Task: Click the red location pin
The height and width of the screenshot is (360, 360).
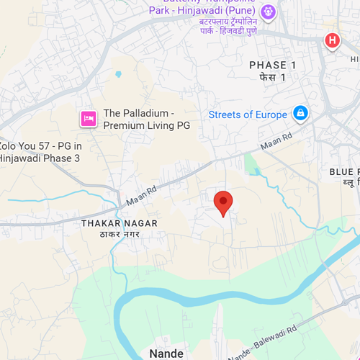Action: point(223,202)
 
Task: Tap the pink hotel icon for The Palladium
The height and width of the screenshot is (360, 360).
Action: point(89,118)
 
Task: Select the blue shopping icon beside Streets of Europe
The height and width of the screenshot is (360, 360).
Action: point(300,113)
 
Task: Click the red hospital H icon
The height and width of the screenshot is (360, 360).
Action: point(332,40)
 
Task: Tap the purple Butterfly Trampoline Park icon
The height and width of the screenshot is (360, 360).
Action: point(269,12)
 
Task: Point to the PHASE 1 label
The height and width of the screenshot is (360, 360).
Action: point(272,65)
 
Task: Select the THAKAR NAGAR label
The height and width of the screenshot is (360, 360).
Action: point(120,223)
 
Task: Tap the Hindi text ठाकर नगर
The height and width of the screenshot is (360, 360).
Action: point(120,235)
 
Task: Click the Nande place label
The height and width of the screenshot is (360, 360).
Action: point(166,353)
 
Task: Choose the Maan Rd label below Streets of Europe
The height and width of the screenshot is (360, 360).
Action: point(276,142)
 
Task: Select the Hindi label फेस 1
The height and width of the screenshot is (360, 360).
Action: point(273,77)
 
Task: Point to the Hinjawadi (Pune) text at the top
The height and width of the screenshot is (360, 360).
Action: point(230,11)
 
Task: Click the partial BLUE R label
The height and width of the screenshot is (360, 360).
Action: point(344,171)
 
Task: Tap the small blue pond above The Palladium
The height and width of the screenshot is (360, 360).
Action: point(117,73)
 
